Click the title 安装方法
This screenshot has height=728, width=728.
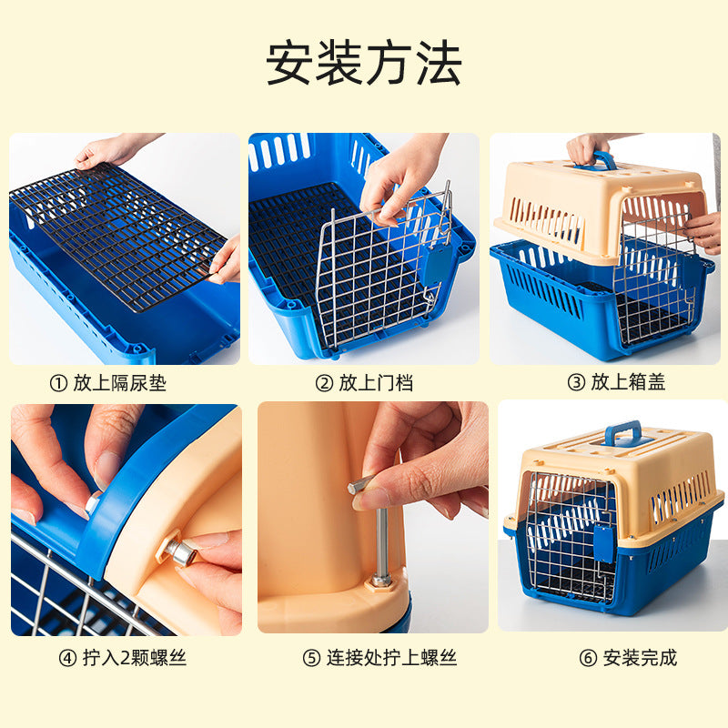[363, 63]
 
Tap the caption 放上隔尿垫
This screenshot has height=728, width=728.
[120, 383]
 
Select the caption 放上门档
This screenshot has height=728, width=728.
[376, 383]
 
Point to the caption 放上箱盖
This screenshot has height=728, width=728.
[628, 382]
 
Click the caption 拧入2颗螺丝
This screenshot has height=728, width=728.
[135, 657]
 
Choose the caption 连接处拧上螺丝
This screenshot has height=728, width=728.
[392, 657]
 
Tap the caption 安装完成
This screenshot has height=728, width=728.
[641, 657]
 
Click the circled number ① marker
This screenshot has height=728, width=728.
[58, 383]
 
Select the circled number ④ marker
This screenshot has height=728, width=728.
[67, 658]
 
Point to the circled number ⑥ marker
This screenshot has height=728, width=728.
[588, 658]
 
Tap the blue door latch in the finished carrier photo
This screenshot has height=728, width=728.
[603, 542]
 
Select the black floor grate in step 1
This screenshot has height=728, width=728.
[118, 235]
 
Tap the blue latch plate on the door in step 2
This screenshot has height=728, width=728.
[438, 265]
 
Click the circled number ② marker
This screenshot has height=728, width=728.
[324, 383]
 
